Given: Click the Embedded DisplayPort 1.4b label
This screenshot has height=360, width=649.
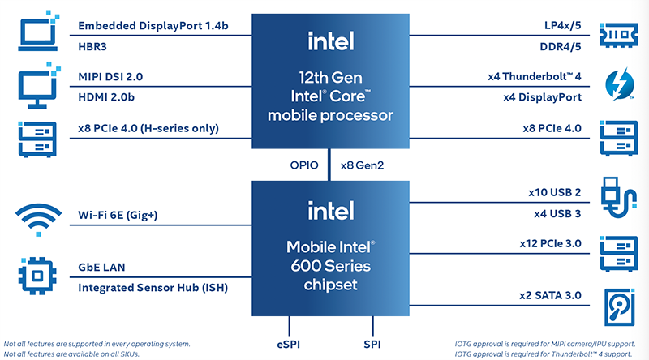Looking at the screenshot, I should click(x=153, y=26).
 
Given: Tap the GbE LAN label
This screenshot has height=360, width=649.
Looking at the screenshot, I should click(x=101, y=267).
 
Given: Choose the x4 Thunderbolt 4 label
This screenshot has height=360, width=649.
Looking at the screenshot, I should click(x=535, y=77).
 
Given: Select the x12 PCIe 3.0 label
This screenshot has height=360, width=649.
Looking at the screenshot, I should click(x=551, y=242).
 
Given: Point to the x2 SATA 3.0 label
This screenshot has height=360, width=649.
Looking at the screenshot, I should click(x=551, y=295).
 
